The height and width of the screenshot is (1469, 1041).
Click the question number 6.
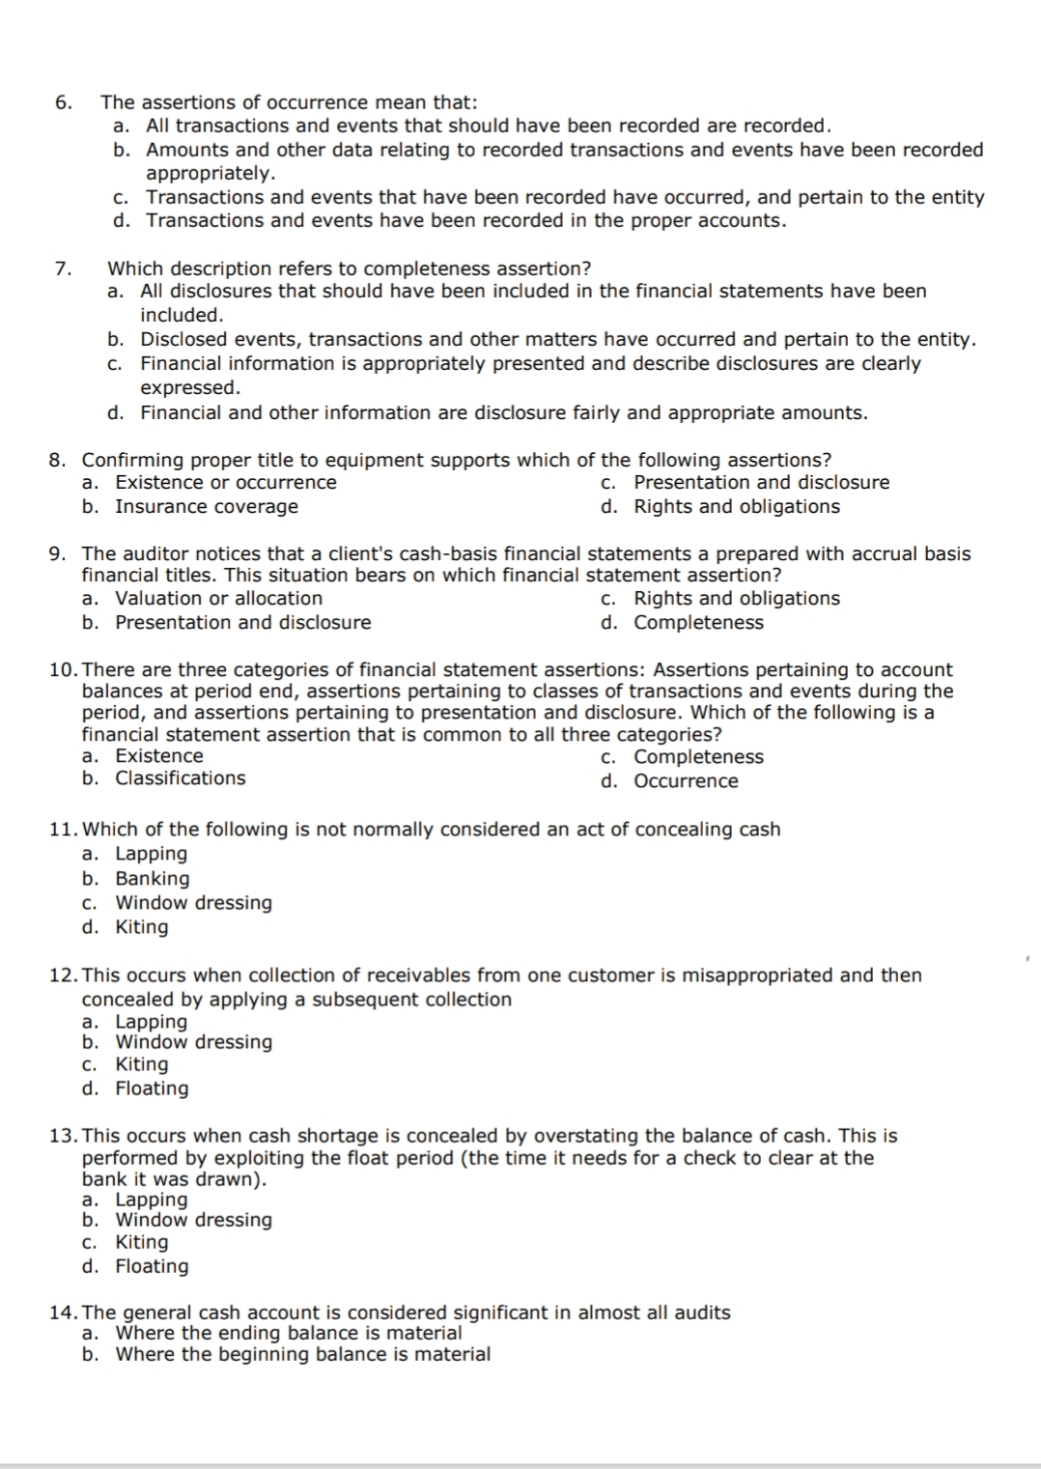(x=62, y=102)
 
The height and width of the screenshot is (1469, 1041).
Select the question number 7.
(x=62, y=268)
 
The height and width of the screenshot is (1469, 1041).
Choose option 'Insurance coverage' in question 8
(x=206, y=507)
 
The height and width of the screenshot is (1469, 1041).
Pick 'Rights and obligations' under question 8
(x=736, y=507)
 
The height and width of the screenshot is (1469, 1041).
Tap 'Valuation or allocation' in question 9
(x=218, y=599)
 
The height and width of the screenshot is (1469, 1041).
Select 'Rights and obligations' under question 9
(x=736, y=599)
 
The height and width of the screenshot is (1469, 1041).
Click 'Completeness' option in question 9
(x=698, y=623)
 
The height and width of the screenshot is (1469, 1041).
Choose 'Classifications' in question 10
(x=181, y=778)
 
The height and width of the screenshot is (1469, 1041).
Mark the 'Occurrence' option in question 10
(x=686, y=781)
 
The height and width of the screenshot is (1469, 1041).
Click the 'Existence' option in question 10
(x=159, y=756)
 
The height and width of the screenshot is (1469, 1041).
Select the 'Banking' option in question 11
(x=153, y=879)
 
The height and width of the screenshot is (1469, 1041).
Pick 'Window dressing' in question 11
(x=193, y=903)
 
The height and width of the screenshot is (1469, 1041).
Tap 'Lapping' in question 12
(x=152, y=1022)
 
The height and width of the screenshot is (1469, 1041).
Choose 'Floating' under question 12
(x=152, y=1088)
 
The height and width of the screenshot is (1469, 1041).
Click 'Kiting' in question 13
(x=141, y=1243)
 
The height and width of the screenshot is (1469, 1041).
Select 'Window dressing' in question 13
(x=193, y=1220)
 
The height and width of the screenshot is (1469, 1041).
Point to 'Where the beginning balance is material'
(x=302, y=1355)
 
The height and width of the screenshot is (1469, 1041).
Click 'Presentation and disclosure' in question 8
(x=761, y=483)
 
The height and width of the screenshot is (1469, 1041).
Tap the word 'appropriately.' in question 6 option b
(x=211, y=174)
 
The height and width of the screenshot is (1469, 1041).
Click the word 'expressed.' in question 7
(x=190, y=388)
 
